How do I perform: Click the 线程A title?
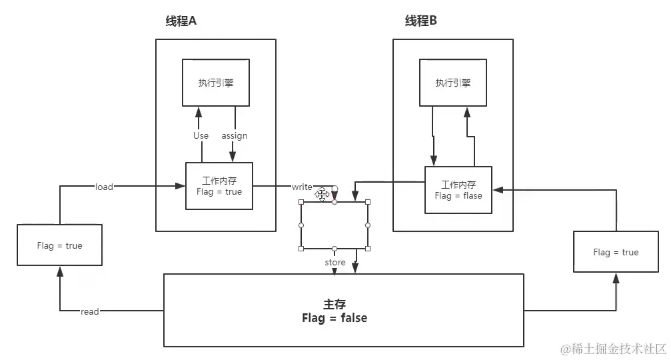click(181, 21)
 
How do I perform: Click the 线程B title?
click(421, 21)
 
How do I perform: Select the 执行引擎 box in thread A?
click(216, 83)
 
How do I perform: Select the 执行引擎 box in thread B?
click(453, 83)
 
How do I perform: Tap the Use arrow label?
click(201, 135)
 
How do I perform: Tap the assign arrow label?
click(235, 135)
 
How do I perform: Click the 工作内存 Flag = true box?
click(219, 186)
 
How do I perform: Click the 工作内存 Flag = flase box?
click(458, 190)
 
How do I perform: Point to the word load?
click(104, 187)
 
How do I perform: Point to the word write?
click(303, 187)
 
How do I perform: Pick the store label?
click(335, 263)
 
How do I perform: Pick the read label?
click(89, 311)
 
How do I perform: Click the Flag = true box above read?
click(60, 245)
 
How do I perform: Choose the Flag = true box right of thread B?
click(616, 252)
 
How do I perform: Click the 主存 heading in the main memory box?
click(335, 303)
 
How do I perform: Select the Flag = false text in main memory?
click(335, 318)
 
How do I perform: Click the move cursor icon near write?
click(323, 194)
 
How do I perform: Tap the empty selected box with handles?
click(335, 225)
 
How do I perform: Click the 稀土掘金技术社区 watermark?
click(613, 349)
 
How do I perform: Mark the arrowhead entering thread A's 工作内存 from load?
click(182, 187)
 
